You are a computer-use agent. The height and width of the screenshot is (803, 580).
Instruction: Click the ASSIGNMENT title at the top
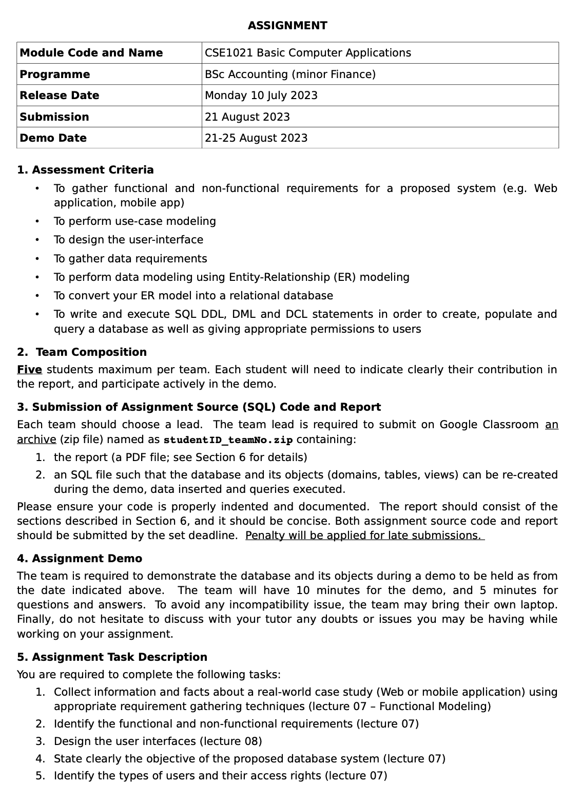(287, 26)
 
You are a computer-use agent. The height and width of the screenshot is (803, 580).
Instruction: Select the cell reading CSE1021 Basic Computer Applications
(307, 53)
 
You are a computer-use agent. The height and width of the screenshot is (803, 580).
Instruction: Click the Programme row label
(54, 74)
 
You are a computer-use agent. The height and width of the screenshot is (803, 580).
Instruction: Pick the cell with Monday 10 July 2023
(261, 95)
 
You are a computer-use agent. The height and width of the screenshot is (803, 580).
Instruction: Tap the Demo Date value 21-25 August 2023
(256, 138)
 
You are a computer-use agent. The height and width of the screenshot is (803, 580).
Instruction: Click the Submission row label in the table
(54, 117)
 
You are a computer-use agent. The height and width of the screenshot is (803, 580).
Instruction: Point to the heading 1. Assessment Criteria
(85, 170)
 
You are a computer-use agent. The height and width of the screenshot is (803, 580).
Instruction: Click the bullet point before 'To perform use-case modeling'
(37, 221)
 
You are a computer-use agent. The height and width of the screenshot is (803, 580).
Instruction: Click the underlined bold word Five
(29, 370)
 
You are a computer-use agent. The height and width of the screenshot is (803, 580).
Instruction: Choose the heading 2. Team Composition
(82, 352)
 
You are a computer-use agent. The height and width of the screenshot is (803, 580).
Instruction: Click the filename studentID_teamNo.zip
(228, 440)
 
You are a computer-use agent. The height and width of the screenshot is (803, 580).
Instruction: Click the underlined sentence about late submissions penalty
(364, 536)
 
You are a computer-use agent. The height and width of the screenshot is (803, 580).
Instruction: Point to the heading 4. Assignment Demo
(80, 559)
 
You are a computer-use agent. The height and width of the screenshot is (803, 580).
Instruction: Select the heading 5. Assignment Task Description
(112, 657)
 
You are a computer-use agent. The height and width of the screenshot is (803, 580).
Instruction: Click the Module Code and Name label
(91, 53)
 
